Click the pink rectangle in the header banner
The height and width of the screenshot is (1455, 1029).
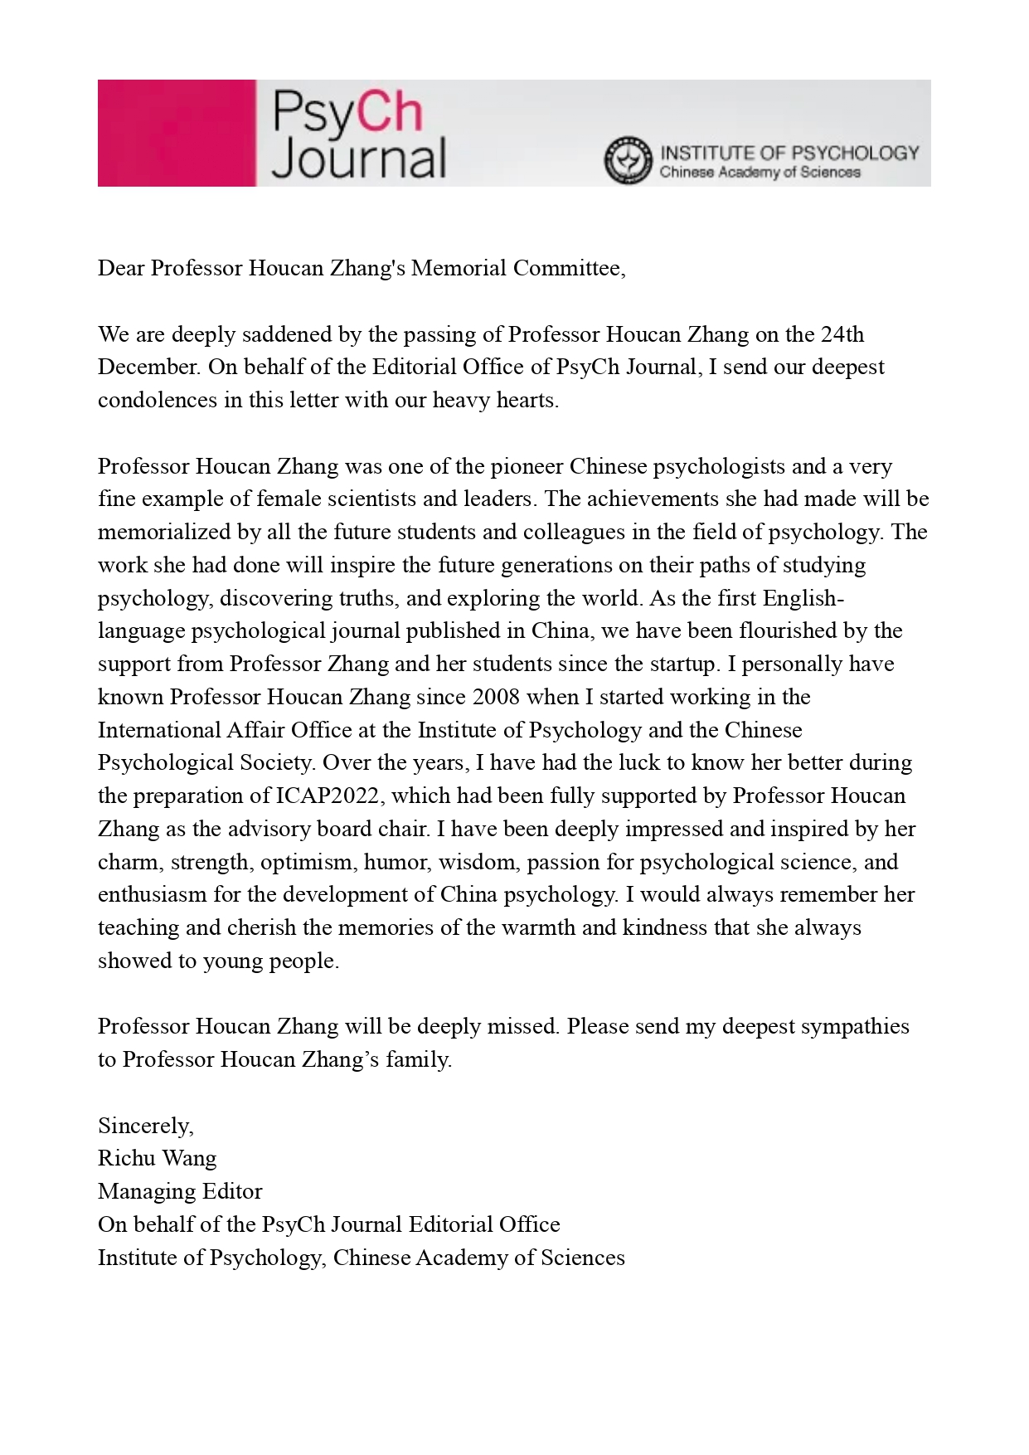176,133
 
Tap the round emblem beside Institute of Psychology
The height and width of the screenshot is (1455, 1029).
628,160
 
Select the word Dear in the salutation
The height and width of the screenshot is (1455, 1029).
121,268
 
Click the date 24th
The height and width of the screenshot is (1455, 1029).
842,334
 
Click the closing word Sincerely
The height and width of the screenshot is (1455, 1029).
145,1126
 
